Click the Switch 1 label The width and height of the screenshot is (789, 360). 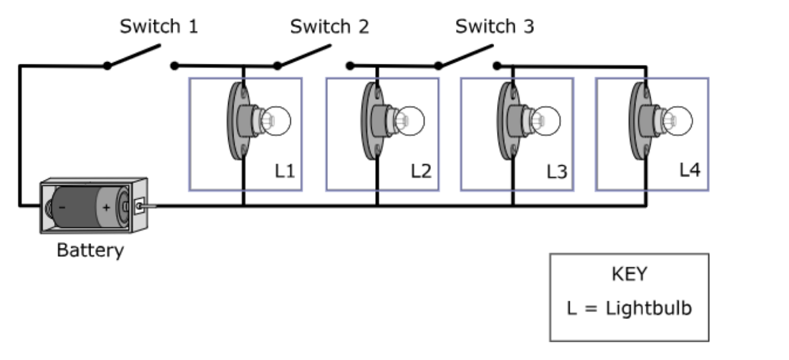click(159, 26)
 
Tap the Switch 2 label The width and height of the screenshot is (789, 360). click(330, 26)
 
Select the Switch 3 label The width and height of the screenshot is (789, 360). click(495, 26)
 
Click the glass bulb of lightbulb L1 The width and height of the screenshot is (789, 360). click(276, 121)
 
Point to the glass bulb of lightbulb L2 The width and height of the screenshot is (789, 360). click(410, 121)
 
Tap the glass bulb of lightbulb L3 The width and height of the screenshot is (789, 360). click(545, 121)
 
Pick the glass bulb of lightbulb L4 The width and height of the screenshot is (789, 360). click(677, 121)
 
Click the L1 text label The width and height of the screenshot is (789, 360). click(285, 171)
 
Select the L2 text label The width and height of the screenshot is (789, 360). click(421, 171)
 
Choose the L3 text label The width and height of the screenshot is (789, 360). click(557, 172)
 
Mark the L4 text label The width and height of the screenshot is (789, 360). click(690, 170)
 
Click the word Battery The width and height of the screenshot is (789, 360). click(91, 251)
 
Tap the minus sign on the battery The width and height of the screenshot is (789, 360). click(62, 207)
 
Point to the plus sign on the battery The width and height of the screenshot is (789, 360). click(106, 208)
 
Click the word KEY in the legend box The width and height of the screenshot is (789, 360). click(630, 275)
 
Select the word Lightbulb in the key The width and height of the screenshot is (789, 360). click(649, 308)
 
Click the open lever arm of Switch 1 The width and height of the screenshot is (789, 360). click(134, 55)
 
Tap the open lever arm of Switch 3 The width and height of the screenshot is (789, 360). click(466, 55)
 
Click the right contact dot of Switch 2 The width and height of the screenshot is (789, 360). click(350, 66)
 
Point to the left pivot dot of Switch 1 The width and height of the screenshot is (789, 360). click(108, 66)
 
